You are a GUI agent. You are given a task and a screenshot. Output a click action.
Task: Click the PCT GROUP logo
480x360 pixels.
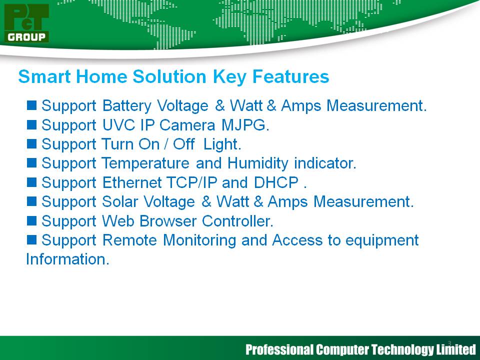click(26, 23)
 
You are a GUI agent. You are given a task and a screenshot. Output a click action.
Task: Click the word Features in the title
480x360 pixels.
click(290, 76)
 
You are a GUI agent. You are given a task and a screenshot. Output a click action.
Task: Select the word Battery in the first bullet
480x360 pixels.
click(126, 106)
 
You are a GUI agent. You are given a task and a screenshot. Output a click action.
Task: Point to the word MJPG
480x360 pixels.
click(245, 125)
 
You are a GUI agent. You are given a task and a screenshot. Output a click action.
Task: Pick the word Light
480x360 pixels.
click(222, 144)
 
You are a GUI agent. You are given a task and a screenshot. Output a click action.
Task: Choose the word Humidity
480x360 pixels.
click(258, 163)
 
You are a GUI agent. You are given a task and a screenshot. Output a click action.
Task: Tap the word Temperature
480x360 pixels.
click(145, 163)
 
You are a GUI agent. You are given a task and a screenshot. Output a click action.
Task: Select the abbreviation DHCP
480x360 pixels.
click(276, 183)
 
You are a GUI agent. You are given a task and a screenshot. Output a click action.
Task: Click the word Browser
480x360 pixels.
click(168, 221)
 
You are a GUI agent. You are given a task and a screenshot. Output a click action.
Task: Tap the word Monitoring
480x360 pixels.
click(199, 240)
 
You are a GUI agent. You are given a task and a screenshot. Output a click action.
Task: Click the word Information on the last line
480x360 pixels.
click(67, 259)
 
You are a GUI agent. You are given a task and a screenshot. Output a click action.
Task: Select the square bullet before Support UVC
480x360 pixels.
click(31, 124)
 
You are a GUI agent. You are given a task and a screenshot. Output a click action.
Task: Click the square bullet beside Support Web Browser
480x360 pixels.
click(31, 220)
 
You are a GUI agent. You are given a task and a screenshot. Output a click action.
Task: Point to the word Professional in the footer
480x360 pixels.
click(279, 349)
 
